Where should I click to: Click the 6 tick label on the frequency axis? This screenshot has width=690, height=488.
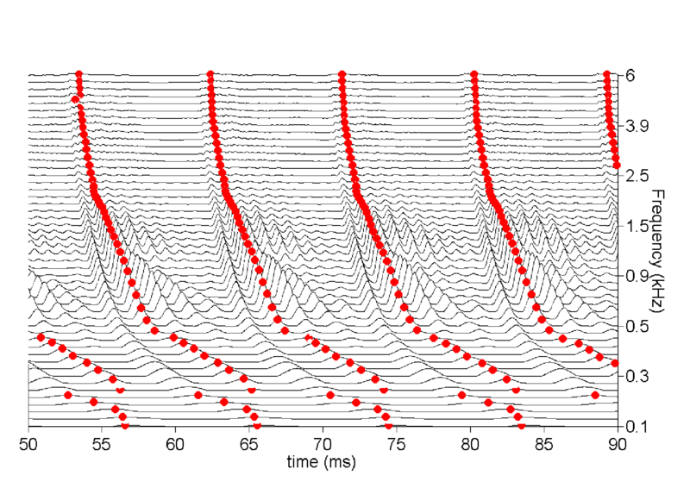[x=631, y=76]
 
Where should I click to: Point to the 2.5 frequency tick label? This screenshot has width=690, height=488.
[x=637, y=176]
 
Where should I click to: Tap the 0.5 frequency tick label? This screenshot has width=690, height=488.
[x=637, y=326]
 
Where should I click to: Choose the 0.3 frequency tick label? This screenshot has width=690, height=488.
[x=637, y=376]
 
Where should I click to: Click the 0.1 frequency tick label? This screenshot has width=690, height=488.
[x=637, y=426]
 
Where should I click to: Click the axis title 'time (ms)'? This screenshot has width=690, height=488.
[x=323, y=463]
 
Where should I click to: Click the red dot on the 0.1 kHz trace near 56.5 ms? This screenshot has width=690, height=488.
[x=125, y=425]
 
